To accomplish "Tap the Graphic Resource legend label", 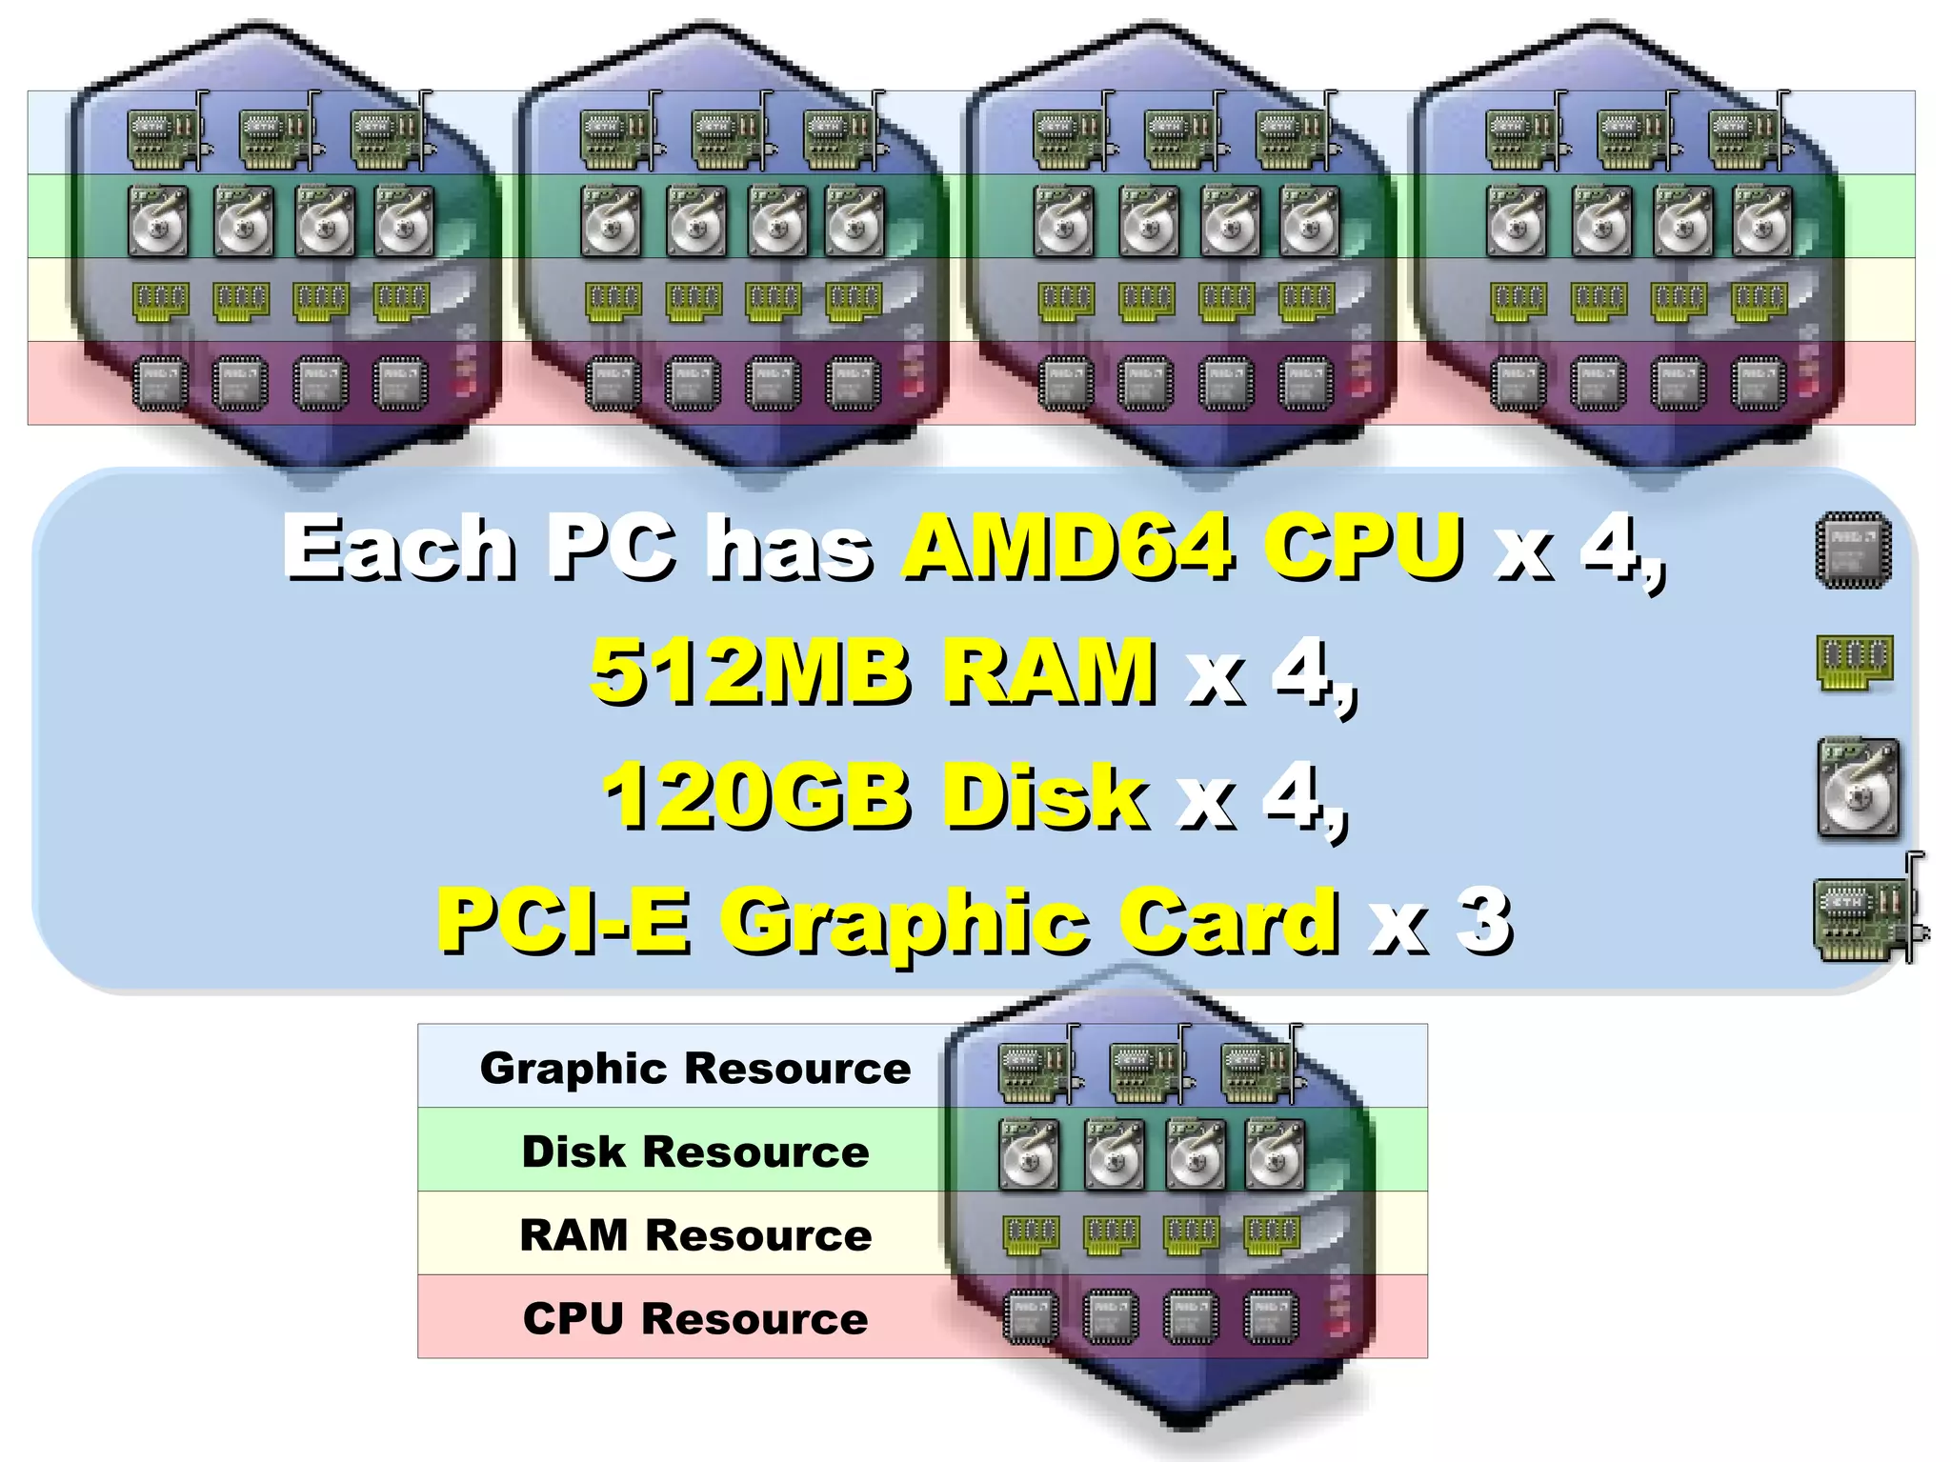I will tap(694, 1068).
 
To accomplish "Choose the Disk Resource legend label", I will tap(694, 1151).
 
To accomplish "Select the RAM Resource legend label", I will tap(694, 1234).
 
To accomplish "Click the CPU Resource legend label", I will tap(694, 1318).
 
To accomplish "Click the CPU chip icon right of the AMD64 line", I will tap(1853, 551).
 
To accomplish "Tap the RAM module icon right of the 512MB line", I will tap(1854, 660).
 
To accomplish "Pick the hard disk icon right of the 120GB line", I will tap(1857, 789).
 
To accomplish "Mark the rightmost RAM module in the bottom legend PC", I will tap(1271, 1235).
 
